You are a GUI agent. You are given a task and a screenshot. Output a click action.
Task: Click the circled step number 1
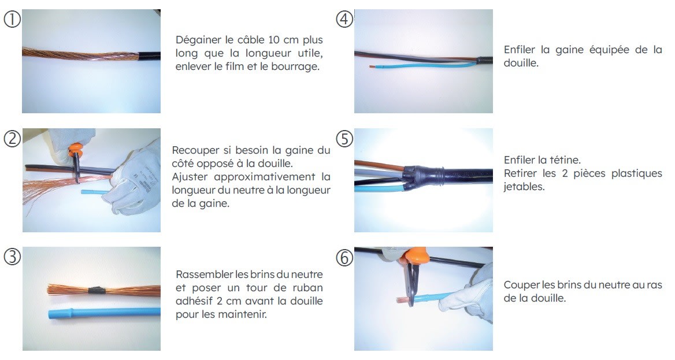[12, 20]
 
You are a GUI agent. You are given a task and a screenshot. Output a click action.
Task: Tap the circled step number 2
[12, 139]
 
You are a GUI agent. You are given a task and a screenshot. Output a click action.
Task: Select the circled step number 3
[12, 257]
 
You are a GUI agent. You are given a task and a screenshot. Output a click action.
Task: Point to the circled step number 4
[344, 20]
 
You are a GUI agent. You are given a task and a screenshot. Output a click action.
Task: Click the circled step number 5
[344, 139]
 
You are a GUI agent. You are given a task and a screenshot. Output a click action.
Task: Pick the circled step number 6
[344, 258]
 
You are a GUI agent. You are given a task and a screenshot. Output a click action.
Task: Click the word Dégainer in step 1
[198, 40]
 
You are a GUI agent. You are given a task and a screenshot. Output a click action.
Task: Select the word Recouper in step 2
[196, 151]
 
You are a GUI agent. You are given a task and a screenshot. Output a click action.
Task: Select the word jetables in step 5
[524, 187]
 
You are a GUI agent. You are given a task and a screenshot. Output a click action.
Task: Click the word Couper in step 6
[522, 285]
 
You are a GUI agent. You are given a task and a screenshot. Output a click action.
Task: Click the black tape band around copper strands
[95, 290]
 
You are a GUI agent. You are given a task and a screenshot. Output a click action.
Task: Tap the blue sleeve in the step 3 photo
[104, 313]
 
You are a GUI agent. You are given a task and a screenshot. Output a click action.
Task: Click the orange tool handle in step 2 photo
[75, 150]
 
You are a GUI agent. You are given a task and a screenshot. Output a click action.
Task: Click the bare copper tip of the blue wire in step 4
[372, 67]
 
